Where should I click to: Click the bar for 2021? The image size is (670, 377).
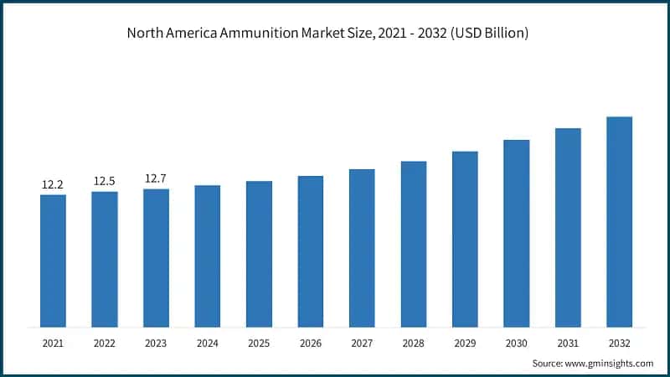coord(53,261)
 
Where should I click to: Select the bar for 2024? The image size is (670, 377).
coord(208,256)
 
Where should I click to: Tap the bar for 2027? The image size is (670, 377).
coord(362,248)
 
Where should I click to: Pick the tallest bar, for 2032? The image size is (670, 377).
coord(619,221)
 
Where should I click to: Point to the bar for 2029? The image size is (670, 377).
coord(465,239)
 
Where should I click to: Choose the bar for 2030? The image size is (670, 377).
coord(516,233)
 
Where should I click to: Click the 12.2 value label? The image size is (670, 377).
coord(53,184)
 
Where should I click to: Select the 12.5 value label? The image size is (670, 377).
coord(105,181)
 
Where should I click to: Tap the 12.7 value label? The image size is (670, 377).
coord(156,178)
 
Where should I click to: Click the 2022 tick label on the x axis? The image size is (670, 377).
coord(105,343)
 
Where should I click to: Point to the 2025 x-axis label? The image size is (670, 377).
coord(259,343)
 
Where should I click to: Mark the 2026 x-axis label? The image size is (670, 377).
coord(311,343)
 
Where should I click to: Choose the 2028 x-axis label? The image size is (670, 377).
coord(414,343)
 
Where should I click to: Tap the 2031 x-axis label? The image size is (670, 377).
coord(568,343)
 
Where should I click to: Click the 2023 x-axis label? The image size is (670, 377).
coord(156,343)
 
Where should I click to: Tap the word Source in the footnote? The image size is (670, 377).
coord(547,363)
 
